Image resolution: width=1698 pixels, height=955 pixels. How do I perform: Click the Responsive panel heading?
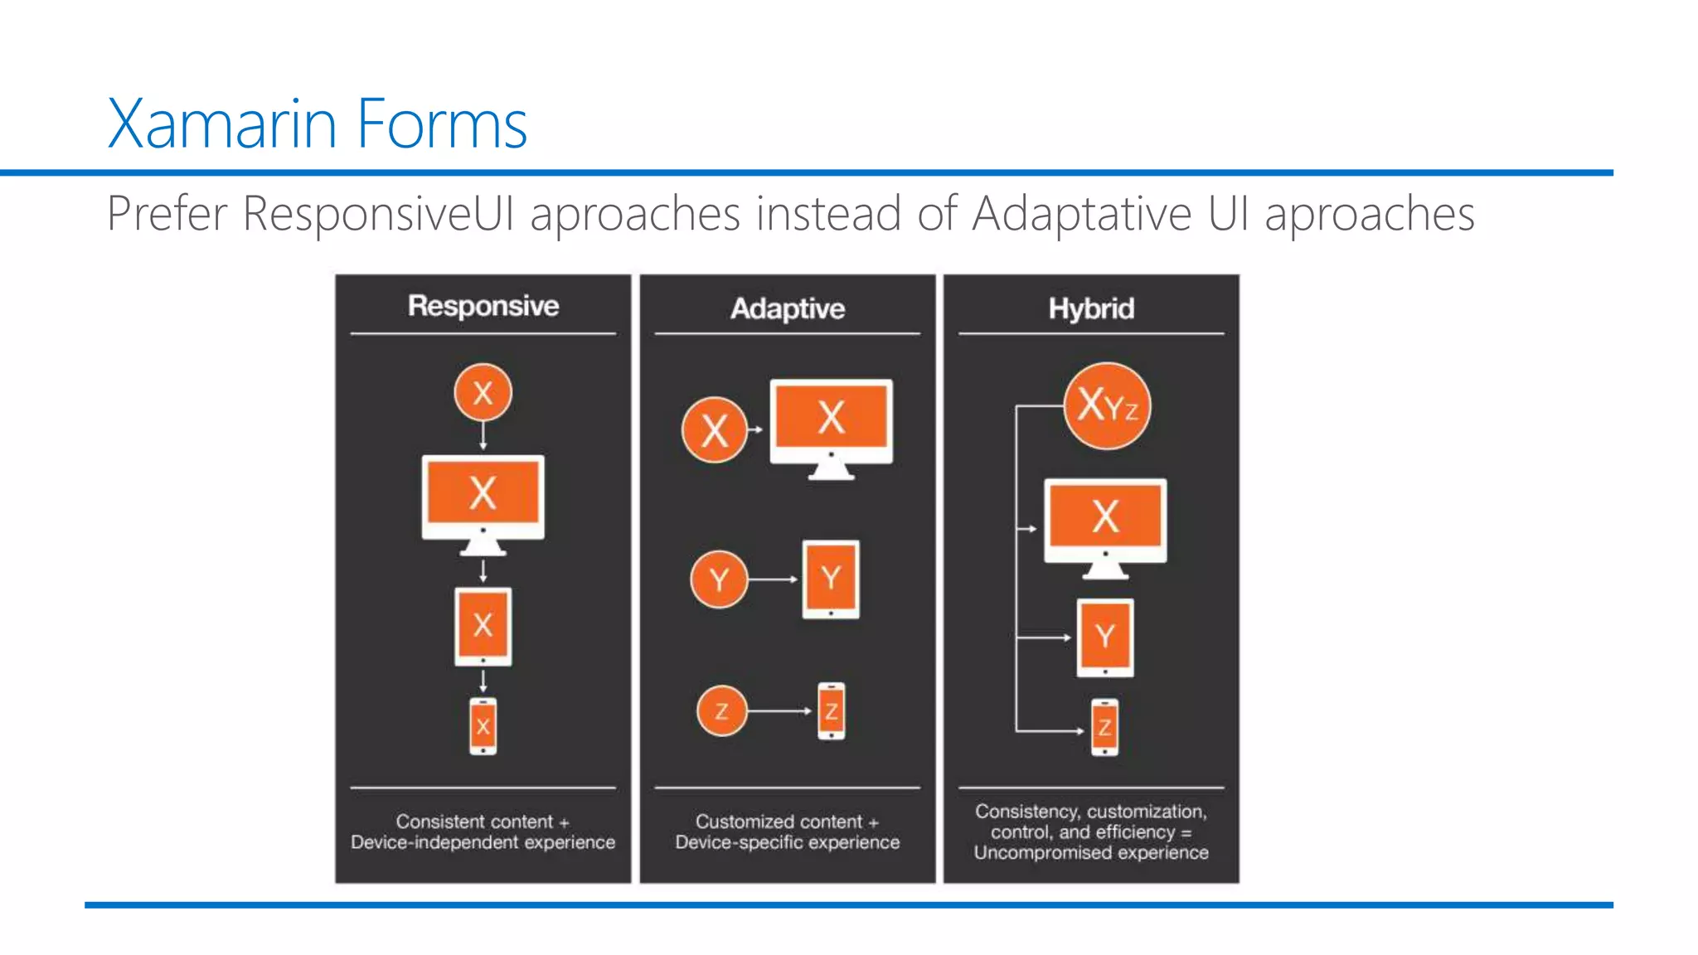click(x=483, y=306)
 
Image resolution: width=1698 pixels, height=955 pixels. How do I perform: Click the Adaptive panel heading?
click(x=788, y=308)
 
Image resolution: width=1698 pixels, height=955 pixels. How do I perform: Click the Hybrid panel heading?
click(x=1091, y=308)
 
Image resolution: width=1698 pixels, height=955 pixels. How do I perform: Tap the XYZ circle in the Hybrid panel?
click(x=1107, y=406)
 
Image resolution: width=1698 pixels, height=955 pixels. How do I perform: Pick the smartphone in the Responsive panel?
click(x=483, y=726)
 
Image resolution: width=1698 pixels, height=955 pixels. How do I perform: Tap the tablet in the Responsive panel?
click(x=483, y=627)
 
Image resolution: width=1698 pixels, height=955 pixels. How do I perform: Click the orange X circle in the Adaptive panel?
click(x=714, y=429)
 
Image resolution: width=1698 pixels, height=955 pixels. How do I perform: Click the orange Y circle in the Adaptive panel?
click(x=719, y=579)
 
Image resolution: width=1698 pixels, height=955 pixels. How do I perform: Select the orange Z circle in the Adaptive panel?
click(x=721, y=711)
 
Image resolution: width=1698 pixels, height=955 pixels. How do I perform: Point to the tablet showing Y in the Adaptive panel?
click(x=831, y=579)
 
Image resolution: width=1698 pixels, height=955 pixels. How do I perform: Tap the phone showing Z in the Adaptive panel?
click(x=831, y=711)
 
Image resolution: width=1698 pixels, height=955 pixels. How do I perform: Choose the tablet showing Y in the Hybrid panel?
click(x=1104, y=637)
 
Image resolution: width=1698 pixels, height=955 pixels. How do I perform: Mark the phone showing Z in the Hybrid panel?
click(x=1104, y=728)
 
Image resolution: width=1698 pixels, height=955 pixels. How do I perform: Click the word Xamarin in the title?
click(x=222, y=124)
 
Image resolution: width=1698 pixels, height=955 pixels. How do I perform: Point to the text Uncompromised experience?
click(x=1091, y=853)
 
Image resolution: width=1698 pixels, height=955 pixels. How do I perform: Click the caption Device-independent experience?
click(x=483, y=842)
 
